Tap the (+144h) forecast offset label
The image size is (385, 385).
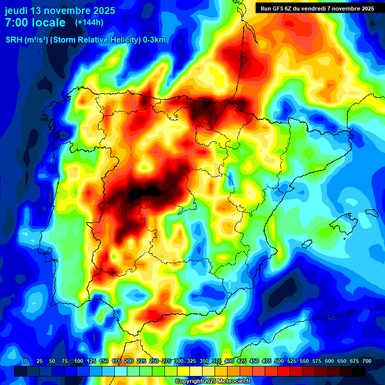tap(89, 23)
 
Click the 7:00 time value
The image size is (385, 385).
tap(19, 23)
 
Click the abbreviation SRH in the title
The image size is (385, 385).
tap(14, 40)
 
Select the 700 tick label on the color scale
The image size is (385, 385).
tap(366, 361)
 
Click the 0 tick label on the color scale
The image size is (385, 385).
tap(26, 361)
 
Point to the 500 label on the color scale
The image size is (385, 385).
tap(279, 361)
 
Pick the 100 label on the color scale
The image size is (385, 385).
tap(78, 361)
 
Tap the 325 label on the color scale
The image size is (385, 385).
tap(191, 361)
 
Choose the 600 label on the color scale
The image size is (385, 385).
tap(329, 361)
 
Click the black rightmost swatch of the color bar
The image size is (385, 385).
tap(359, 371)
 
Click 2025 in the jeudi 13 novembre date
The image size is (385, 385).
tap(102, 11)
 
